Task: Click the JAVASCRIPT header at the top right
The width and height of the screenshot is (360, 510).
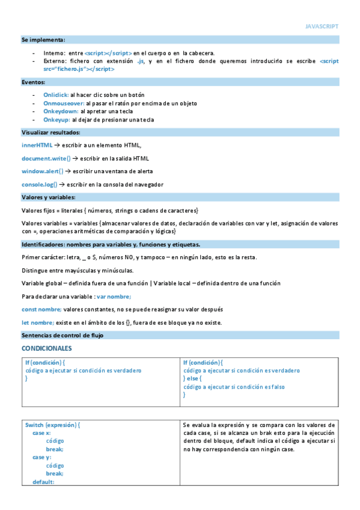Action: [x=322, y=26]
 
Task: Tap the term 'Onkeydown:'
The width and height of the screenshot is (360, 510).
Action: [x=61, y=111]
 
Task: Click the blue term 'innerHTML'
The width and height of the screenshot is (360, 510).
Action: [x=37, y=145]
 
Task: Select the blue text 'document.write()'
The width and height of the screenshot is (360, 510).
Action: [x=46, y=158]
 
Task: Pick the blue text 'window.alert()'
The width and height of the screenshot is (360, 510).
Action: [x=42, y=171]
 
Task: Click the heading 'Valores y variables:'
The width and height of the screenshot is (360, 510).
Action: [x=48, y=197]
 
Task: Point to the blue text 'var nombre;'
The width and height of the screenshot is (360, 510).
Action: [x=114, y=296]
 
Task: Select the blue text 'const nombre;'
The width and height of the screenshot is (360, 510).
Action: [x=41, y=309]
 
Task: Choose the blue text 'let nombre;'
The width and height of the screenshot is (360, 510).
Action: [x=37, y=322]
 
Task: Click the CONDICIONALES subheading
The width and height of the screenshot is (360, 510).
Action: [x=46, y=348]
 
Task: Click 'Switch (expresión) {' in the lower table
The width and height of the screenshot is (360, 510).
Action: [x=52, y=425]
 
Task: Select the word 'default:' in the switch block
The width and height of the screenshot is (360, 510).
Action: [x=43, y=482]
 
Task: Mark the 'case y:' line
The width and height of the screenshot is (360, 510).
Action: [x=41, y=457]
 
